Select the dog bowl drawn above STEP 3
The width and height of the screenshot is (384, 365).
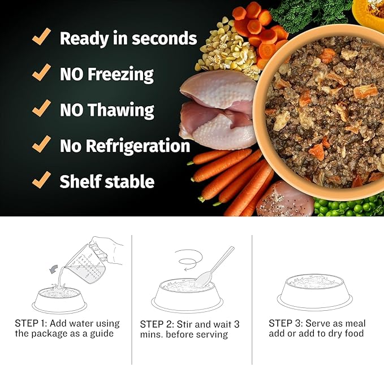click(314, 291)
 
